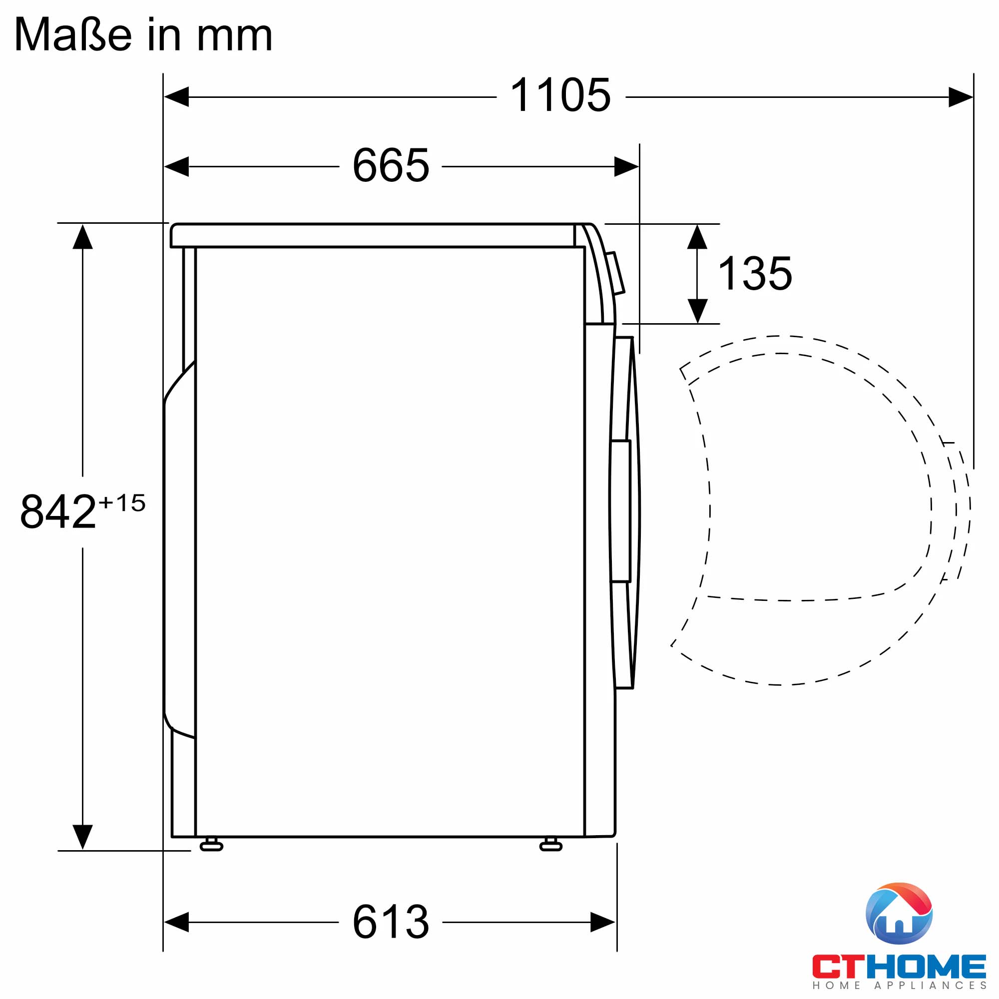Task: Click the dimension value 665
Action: (391, 165)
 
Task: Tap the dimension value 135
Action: (755, 274)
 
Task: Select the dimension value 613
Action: (391, 922)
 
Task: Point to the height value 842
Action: (58, 511)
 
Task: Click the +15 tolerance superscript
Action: (122, 502)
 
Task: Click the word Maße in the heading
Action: (73, 34)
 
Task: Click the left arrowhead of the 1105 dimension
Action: (176, 97)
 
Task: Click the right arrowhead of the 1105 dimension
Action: (960, 97)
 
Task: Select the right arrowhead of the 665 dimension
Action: (626, 166)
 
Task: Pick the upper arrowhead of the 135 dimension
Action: (697, 237)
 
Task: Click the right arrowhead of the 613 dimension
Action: (602, 922)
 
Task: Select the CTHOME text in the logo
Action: (899, 966)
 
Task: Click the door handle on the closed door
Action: (620, 511)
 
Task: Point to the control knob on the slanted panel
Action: (615, 273)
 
